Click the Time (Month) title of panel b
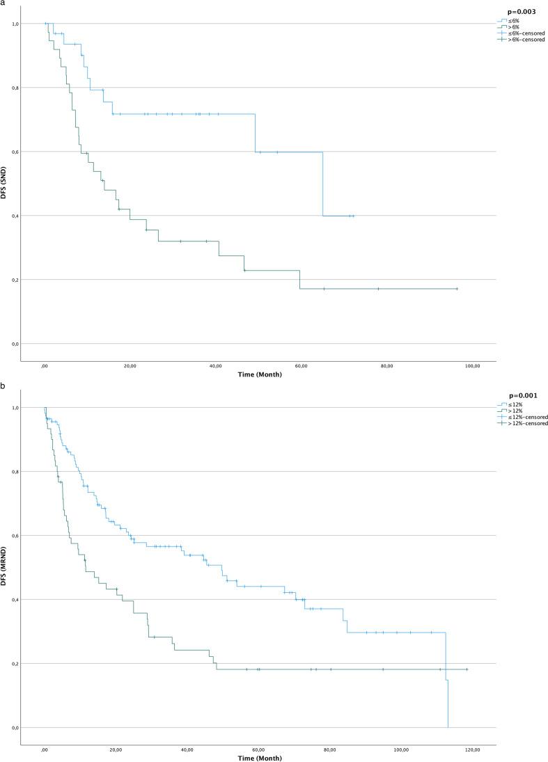point(258,757)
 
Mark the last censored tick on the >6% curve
point(457,289)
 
